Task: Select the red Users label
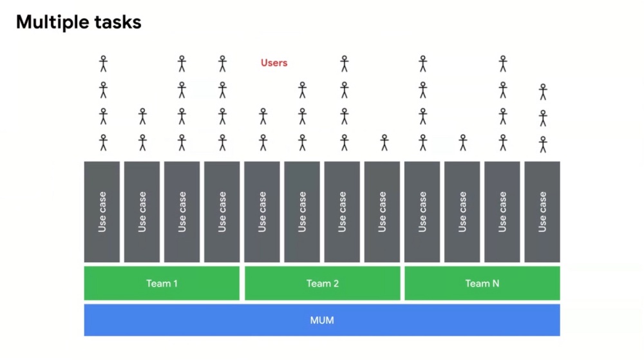(274, 63)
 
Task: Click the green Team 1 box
(162, 283)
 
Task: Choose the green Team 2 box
(323, 283)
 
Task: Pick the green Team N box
(482, 283)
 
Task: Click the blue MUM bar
(322, 320)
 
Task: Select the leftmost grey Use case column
(102, 212)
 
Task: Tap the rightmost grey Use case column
(542, 212)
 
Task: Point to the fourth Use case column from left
(222, 212)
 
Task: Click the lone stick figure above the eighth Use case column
(384, 142)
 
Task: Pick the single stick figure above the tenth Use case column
(463, 142)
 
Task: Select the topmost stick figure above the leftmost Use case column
(104, 64)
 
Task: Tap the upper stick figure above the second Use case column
(142, 116)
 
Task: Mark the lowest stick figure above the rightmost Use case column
(543, 144)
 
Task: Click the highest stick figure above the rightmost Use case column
(543, 92)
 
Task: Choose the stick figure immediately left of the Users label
(223, 64)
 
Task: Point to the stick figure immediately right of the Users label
(345, 64)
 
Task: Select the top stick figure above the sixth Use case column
(303, 90)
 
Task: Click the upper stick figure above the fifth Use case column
(263, 116)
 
